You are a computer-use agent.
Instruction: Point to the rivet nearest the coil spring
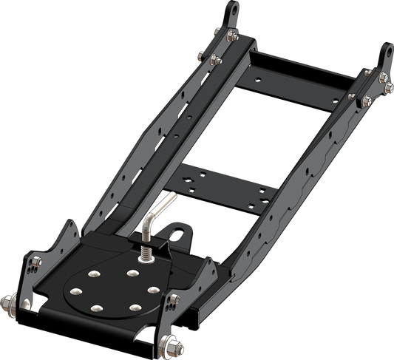coord(132,273)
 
